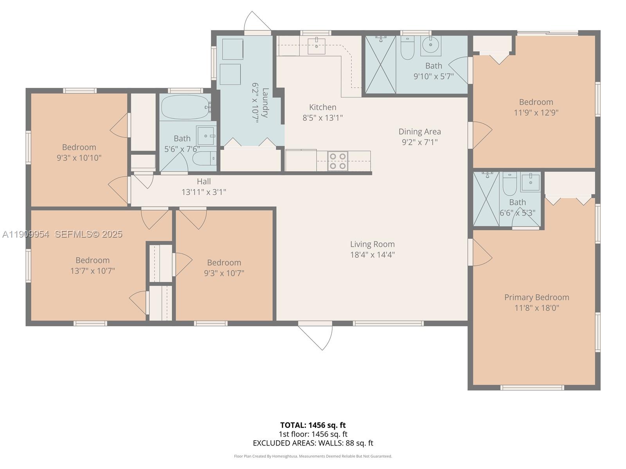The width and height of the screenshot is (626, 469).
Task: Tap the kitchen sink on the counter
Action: pos(316,46)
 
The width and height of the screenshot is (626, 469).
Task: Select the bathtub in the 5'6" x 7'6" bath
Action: pos(184,107)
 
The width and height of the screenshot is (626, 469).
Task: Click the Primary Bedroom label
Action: pos(536,297)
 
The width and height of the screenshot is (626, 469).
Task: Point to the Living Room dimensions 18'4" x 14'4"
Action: pos(372,255)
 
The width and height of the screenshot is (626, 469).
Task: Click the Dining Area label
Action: pos(419,132)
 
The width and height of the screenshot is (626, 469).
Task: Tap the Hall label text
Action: pos(203,181)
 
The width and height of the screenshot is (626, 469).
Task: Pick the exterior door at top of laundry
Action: pos(257,23)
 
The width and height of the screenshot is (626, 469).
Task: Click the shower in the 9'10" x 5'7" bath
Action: pos(380,64)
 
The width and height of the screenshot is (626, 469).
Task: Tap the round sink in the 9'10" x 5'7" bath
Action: pos(431,45)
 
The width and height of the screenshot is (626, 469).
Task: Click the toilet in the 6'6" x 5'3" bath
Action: pos(509,184)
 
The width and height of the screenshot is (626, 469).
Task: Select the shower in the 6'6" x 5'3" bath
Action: pos(486,199)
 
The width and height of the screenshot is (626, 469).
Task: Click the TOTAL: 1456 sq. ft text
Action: pos(313,425)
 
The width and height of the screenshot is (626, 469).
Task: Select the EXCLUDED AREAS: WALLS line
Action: pos(313,443)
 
